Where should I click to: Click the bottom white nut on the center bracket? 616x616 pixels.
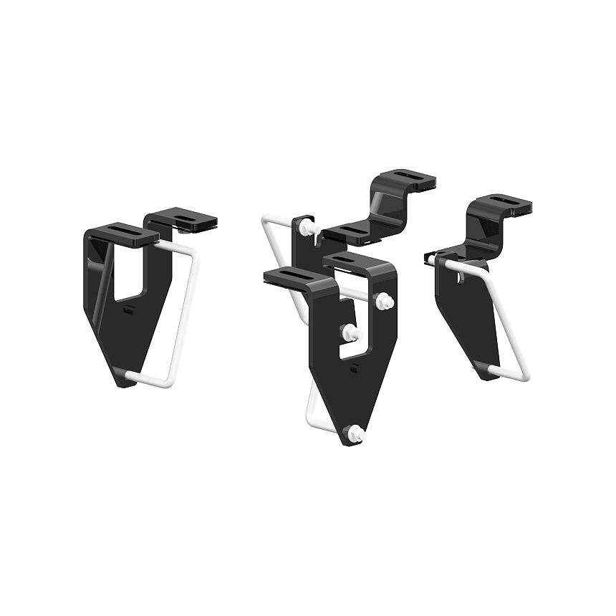[355, 431]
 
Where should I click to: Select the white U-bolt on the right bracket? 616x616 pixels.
[501, 315]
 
